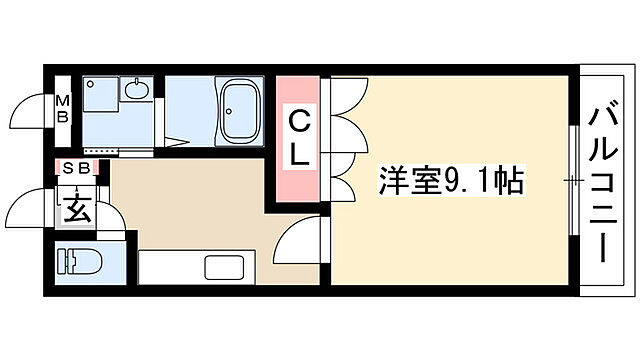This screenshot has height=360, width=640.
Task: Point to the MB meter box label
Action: coord(63,107)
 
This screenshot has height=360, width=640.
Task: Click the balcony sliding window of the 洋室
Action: coord(571,180)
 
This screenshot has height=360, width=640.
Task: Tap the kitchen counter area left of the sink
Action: coord(170,267)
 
